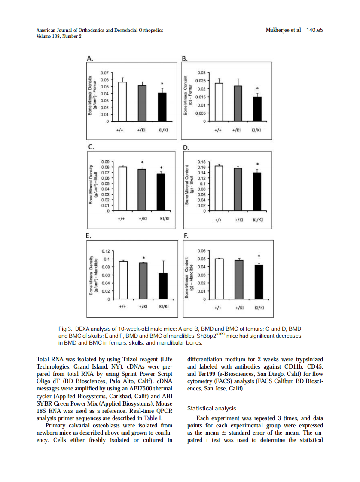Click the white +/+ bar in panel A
click(x=122, y=102)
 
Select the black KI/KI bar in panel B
click(x=256, y=109)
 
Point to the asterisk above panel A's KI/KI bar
click(x=162, y=84)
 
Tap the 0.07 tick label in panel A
click(x=104, y=73)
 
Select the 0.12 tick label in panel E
click(x=105, y=250)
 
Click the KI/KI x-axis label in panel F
click(x=259, y=308)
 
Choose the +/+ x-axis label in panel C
click(x=122, y=218)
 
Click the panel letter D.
click(x=186, y=148)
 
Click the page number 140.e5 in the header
click(x=314, y=30)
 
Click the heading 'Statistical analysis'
click(x=212, y=409)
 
